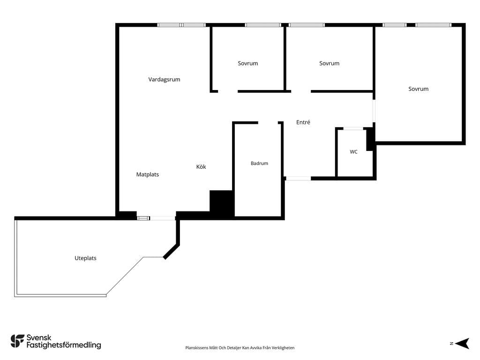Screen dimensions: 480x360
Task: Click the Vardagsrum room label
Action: (x=164, y=80)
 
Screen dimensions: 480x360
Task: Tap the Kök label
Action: (x=201, y=166)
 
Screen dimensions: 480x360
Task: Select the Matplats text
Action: (x=148, y=174)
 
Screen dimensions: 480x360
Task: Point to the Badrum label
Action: (x=259, y=163)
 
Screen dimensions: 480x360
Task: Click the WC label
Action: (x=353, y=151)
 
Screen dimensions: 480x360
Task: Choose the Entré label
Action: (x=303, y=122)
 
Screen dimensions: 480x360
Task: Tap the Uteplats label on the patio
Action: (x=85, y=258)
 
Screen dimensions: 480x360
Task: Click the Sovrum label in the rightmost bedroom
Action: (x=418, y=89)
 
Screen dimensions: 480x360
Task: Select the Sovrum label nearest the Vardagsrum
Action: (x=247, y=63)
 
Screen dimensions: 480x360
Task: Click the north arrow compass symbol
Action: (x=462, y=344)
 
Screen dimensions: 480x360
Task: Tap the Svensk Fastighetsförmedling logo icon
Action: (x=17, y=341)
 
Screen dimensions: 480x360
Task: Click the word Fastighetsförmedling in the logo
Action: (x=64, y=345)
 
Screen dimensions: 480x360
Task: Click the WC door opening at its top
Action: (x=353, y=128)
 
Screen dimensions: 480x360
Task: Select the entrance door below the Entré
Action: (x=298, y=178)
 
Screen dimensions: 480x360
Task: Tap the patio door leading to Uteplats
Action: (x=162, y=218)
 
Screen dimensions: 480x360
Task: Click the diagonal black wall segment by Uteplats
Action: (x=172, y=251)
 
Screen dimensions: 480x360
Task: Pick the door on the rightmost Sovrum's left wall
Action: (x=374, y=111)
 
